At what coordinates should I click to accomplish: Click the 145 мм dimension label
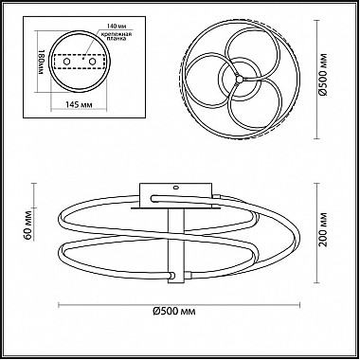[79, 104]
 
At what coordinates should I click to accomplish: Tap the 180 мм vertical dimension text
[41, 62]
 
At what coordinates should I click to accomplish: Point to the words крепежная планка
[115, 36]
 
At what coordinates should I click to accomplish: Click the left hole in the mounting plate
[67, 62]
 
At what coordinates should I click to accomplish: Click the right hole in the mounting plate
[92, 62]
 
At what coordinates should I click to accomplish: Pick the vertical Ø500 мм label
[323, 75]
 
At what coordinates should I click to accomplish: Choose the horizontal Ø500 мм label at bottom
[174, 312]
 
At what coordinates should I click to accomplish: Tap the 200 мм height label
[323, 230]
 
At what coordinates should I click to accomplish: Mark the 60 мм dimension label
[27, 225]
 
